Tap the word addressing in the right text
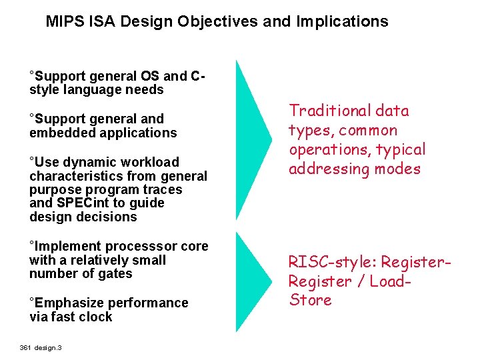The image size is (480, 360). (323, 169)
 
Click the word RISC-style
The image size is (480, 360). (325, 262)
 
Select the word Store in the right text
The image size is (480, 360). (310, 300)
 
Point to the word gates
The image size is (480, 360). (115, 274)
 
